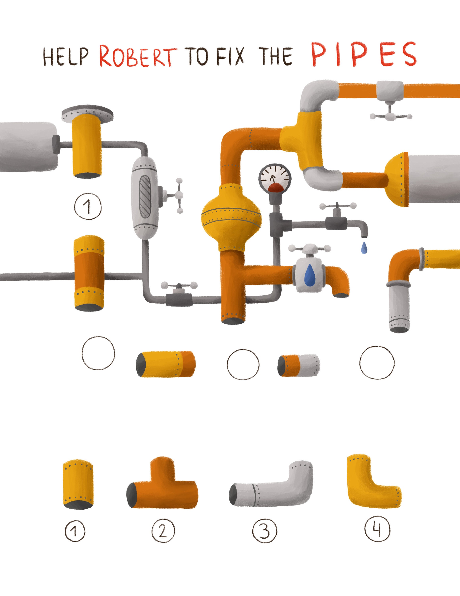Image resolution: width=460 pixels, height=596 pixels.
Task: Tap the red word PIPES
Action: tap(364, 54)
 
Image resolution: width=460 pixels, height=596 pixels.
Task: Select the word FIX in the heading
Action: tap(230, 56)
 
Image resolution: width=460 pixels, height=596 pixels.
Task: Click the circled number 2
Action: tap(163, 530)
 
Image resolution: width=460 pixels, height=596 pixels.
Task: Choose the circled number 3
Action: tap(264, 530)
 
